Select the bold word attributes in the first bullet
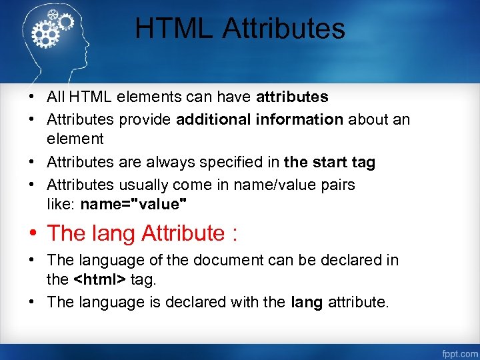[292, 97]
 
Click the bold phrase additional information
[259, 119]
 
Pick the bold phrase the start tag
[329, 162]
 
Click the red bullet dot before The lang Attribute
[33, 233]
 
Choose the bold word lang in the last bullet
[307, 302]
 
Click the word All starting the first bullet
[55, 97]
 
